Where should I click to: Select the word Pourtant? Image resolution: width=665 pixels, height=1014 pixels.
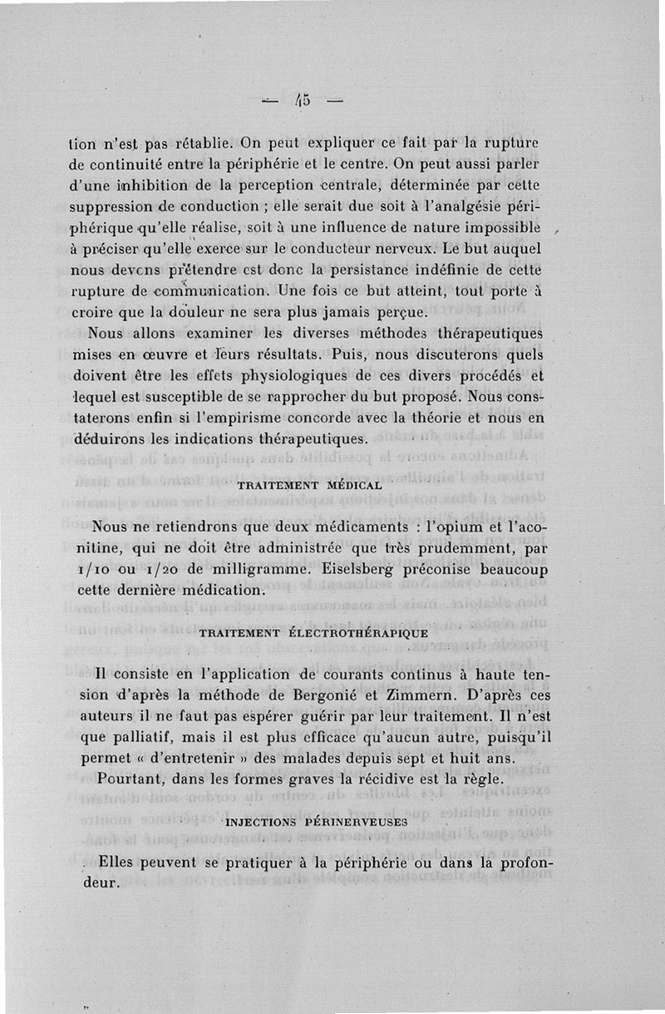[x=129, y=779]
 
